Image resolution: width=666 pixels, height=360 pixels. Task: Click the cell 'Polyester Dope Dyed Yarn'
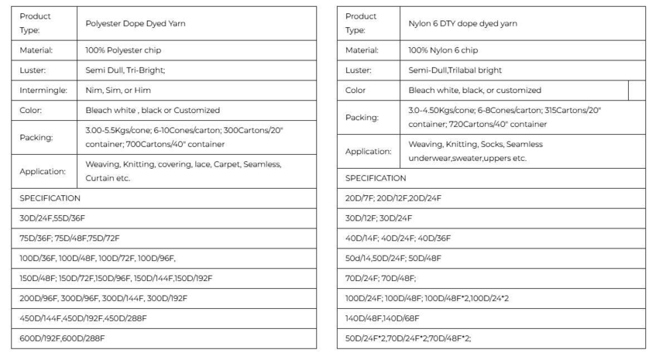(x=136, y=23)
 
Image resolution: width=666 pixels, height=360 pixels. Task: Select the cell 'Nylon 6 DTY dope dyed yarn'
(x=463, y=23)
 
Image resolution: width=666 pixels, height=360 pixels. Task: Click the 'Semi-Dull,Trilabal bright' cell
(x=456, y=70)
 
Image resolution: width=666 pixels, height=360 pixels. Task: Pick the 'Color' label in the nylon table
(x=355, y=91)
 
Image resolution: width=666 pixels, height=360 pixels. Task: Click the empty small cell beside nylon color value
(x=637, y=91)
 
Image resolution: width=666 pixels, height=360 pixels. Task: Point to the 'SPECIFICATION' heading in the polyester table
(x=50, y=198)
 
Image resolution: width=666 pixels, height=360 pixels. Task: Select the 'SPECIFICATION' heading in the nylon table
(x=376, y=178)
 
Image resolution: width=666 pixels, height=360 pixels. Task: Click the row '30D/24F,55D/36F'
(x=53, y=218)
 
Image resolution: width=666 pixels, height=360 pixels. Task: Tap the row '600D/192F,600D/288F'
(x=62, y=338)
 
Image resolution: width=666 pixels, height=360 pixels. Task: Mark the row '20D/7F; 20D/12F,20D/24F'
(x=393, y=198)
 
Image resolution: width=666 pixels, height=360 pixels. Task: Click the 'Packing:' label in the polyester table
(x=37, y=138)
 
